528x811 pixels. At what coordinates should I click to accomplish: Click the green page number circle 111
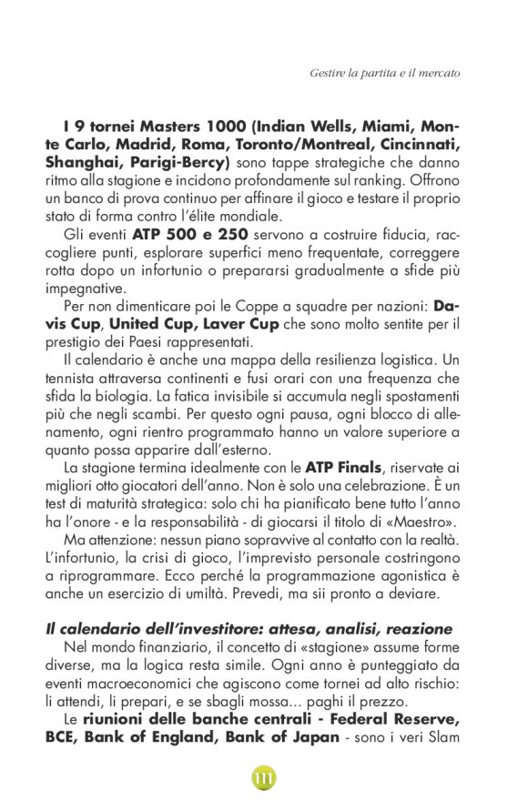[x=264, y=779]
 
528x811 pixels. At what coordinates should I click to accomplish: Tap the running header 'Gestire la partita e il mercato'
[x=384, y=72]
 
